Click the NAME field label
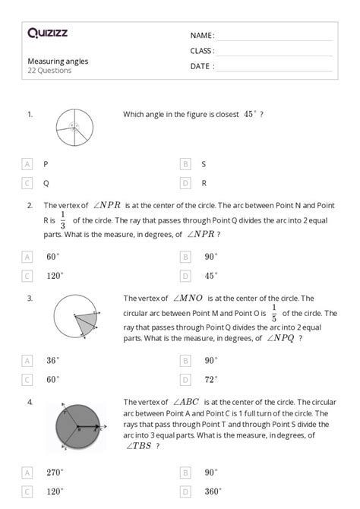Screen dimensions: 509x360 click(202, 35)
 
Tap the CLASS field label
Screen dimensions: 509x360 click(203, 51)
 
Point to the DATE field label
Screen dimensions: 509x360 click(202, 66)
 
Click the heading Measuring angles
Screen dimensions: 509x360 click(56, 61)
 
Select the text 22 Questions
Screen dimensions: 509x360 click(50, 71)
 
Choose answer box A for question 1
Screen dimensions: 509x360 click(27, 163)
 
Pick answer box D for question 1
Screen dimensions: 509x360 click(185, 183)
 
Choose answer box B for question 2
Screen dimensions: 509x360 click(185, 257)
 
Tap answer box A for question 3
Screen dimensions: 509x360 click(27, 360)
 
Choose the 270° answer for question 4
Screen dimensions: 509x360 click(55, 472)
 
